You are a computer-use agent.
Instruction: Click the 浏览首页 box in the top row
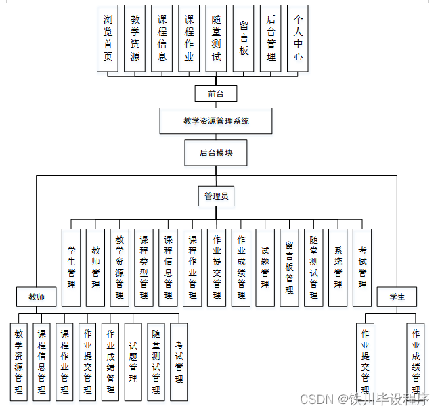108,39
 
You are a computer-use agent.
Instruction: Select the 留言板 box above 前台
243,39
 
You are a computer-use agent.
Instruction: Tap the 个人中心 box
297,39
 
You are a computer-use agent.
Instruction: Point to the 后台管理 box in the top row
270,39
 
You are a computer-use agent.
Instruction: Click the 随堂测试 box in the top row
216,39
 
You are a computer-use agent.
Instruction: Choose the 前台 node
216,94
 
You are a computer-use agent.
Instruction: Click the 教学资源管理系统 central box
216,121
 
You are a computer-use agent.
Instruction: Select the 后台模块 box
216,153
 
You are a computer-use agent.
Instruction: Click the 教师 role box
37,296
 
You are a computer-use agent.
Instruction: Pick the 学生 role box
397,296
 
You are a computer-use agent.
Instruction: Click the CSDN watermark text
317,399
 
